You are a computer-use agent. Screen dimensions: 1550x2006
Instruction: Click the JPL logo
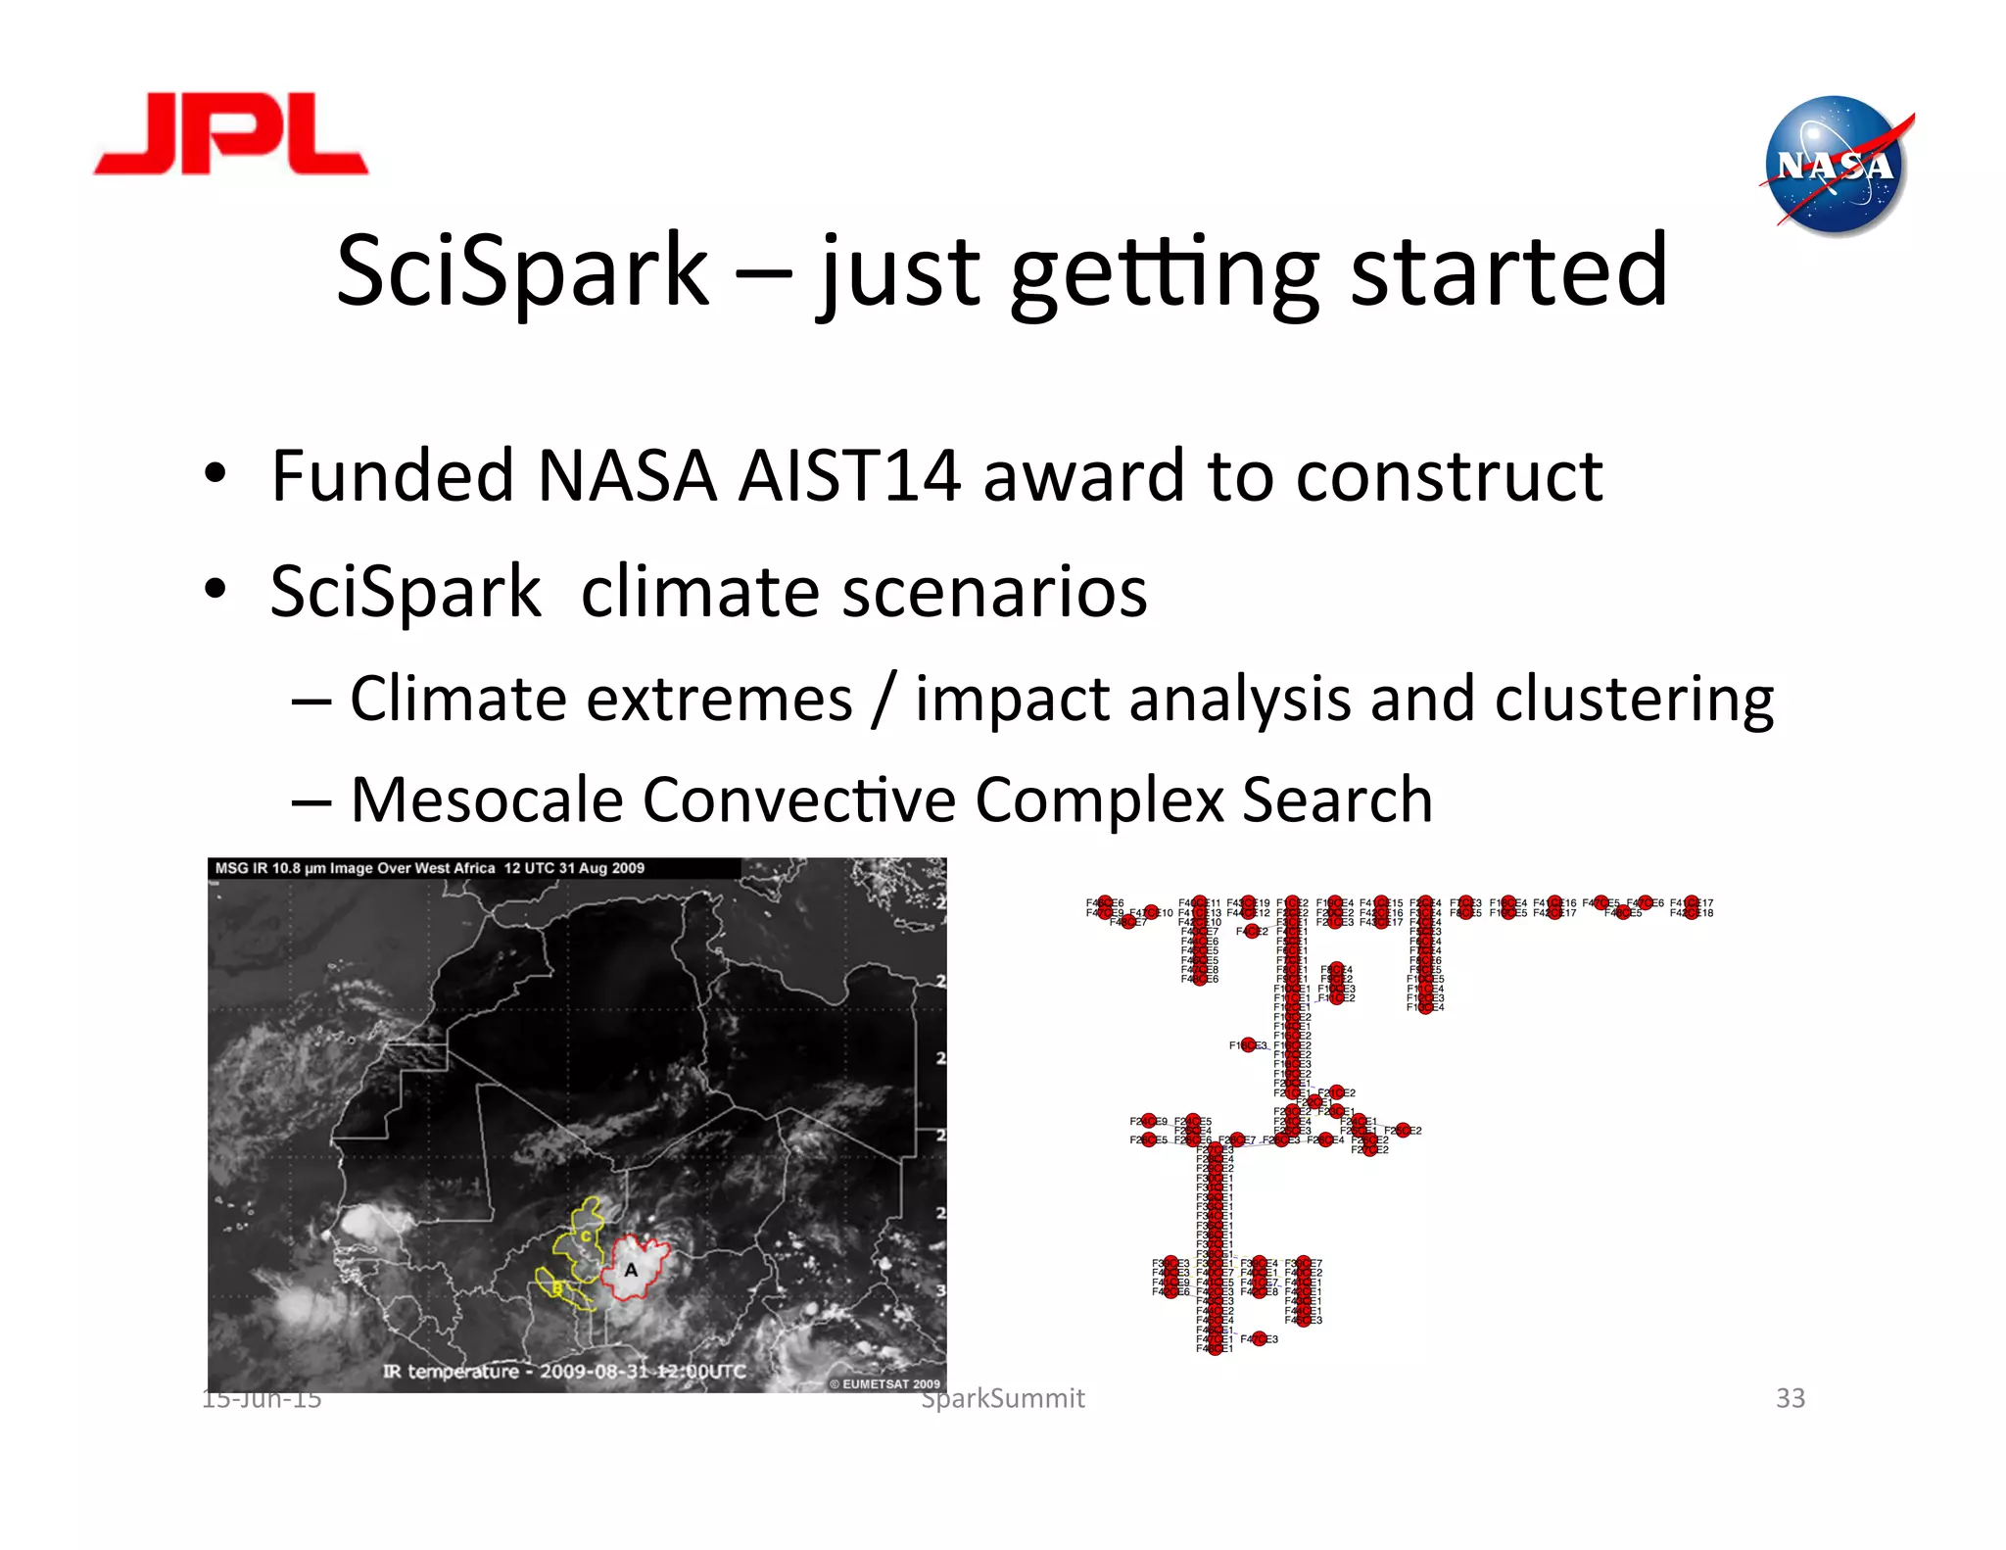click(x=231, y=134)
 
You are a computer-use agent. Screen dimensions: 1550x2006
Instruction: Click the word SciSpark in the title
click(x=521, y=270)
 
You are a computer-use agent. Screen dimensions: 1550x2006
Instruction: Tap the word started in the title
click(x=1508, y=270)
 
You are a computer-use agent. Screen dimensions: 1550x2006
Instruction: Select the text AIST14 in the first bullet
click(x=848, y=476)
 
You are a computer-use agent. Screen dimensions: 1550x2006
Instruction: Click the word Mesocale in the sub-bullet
click(x=486, y=799)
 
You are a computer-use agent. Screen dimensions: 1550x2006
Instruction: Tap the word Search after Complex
click(x=1337, y=799)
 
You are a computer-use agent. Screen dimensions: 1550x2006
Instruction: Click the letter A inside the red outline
click(x=632, y=1270)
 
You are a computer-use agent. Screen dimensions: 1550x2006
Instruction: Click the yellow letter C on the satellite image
click(x=587, y=1235)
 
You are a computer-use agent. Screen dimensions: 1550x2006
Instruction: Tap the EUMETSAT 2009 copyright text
click(x=884, y=1383)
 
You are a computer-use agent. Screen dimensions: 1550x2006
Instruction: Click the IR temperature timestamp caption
click(x=564, y=1371)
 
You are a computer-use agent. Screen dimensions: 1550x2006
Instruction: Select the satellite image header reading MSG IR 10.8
click(x=429, y=868)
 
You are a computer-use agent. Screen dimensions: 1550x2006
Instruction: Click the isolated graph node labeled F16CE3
click(x=1248, y=1045)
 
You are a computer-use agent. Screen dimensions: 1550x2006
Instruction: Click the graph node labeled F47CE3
click(x=1260, y=1339)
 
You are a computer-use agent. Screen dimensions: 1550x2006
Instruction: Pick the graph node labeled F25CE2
click(x=1403, y=1131)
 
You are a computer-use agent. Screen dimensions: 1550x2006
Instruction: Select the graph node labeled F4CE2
click(x=1251, y=932)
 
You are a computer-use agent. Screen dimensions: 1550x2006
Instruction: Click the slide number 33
click(x=1790, y=1398)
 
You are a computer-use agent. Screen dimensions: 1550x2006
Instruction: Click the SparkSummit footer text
click(x=1003, y=1399)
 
